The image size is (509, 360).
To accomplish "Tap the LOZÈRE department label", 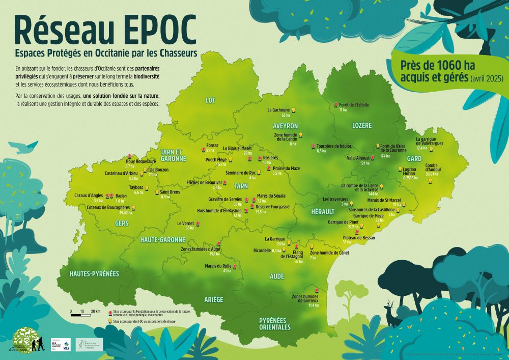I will (x=362, y=125).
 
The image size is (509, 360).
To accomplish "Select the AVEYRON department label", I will (x=285, y=125).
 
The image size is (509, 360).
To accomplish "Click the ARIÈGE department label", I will (x=213, y=299).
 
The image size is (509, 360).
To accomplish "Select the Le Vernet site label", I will (x=185, y=223).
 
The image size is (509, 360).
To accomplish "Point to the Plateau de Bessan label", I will (x=359, y=237).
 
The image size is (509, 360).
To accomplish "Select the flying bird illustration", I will (x=25, y=148).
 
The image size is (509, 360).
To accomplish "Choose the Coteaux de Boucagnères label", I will (x=109, y=207).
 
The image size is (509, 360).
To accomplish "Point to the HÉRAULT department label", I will (x=322, y=211).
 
